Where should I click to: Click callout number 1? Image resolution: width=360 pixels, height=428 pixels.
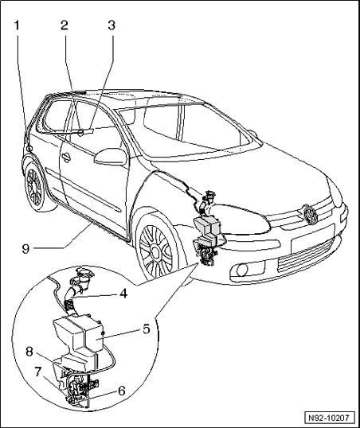click(x=17, y=25)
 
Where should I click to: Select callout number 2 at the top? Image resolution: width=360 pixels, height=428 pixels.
click(x=65, y=25)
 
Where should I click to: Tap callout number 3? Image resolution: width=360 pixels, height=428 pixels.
click(x=112, y=25)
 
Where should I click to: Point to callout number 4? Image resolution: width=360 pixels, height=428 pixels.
click(x=123, y=294)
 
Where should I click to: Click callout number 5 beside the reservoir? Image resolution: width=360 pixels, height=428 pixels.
click(x=147, y=329)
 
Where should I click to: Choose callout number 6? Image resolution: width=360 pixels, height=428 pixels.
click(x=121, y=391)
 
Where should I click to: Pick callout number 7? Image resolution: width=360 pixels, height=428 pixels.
click(x=38, y=372)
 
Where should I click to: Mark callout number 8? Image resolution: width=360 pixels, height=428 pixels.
click(x=29, y=352)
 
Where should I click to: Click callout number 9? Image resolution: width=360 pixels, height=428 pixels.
click(x=25, y=249)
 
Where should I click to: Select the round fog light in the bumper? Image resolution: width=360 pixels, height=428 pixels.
click(x=242, y=270)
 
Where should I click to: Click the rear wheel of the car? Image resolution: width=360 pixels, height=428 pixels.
click(x=35, y=187)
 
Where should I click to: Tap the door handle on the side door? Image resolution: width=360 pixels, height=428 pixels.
click(x=66, y=157)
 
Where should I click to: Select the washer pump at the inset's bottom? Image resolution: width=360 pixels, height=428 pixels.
click(x=80, y=387)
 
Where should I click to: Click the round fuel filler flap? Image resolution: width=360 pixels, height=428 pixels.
click(x=29, y=149)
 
